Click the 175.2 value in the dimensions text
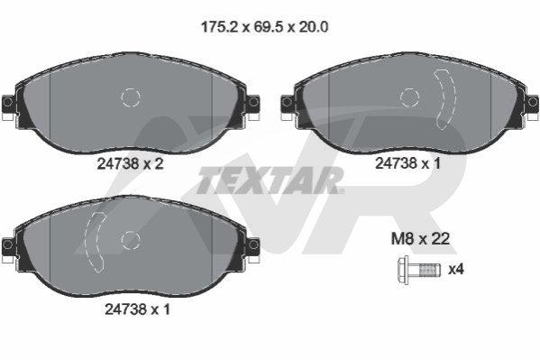pos(219,27)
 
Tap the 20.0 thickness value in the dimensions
pos(313,27)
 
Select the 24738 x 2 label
pos(130,164)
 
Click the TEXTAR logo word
pos(269,180)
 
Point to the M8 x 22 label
pos(420,238)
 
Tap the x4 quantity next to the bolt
pos(455,269)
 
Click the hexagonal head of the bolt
pos(403,270)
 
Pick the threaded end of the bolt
pos(430,270)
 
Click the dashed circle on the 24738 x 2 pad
pos(131,97)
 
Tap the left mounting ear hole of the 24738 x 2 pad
pos(7,102)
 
